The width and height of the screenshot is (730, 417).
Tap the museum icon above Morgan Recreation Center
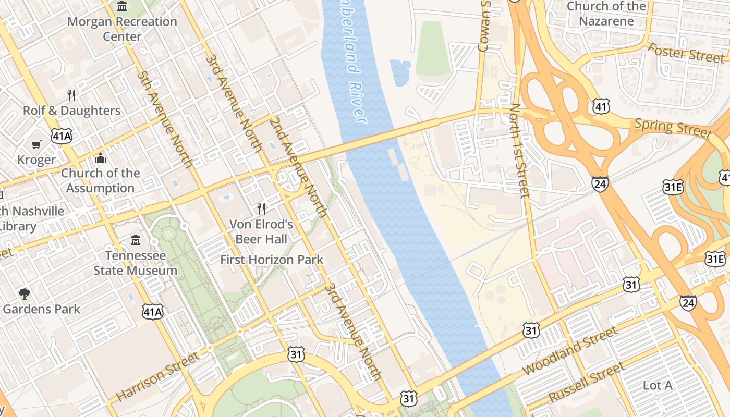(x=122, y=6)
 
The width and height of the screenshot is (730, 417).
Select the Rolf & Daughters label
(x=71, y=111)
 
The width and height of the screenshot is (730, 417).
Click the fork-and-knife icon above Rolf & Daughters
(x=71, y=95)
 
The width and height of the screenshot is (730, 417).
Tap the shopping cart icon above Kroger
(x=36, y=144)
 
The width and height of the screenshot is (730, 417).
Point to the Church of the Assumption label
(x=100, y=180)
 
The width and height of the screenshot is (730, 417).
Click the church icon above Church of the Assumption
(x=100, y=158)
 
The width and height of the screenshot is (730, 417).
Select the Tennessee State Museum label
(x=135, y=263)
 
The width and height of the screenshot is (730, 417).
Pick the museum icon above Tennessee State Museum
(x=136, y=240)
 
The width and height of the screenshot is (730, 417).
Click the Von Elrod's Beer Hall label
(x=261, y=232)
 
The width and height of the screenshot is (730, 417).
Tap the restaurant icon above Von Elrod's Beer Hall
(x=261, y=209)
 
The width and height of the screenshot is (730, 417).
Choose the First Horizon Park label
(x=272, y=260)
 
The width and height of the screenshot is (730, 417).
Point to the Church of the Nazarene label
(x=606, y=14)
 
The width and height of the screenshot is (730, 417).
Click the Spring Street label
(x=673, y=128)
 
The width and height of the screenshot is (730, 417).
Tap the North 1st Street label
(x=520, y=151)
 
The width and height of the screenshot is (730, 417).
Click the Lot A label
(x=657, y=386)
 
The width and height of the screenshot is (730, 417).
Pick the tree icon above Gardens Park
(x=24, y=293)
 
